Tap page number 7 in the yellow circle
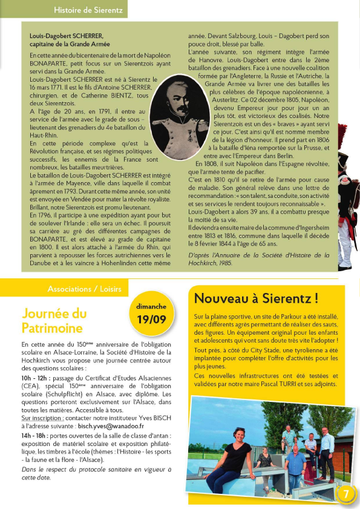[x=346, y=493]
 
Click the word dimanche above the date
[x=152, y=306]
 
